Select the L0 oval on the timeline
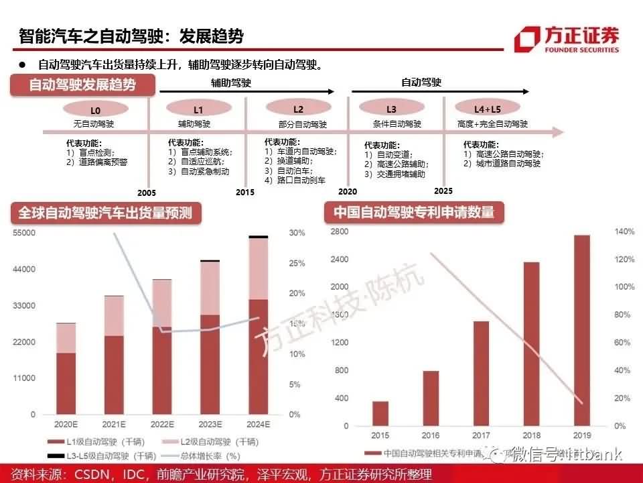(x=95, y=109)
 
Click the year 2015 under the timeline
(x=245, y=192)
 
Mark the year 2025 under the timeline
(x=443, y=191)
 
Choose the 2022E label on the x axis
(x=161, y=425)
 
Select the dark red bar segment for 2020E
(x=66, y=383)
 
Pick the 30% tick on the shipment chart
(x=297, y=233)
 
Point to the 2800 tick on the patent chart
(x=340, y=231)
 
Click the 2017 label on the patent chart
(x=481, y=436)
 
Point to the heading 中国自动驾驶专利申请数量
(x=414, y=213)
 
